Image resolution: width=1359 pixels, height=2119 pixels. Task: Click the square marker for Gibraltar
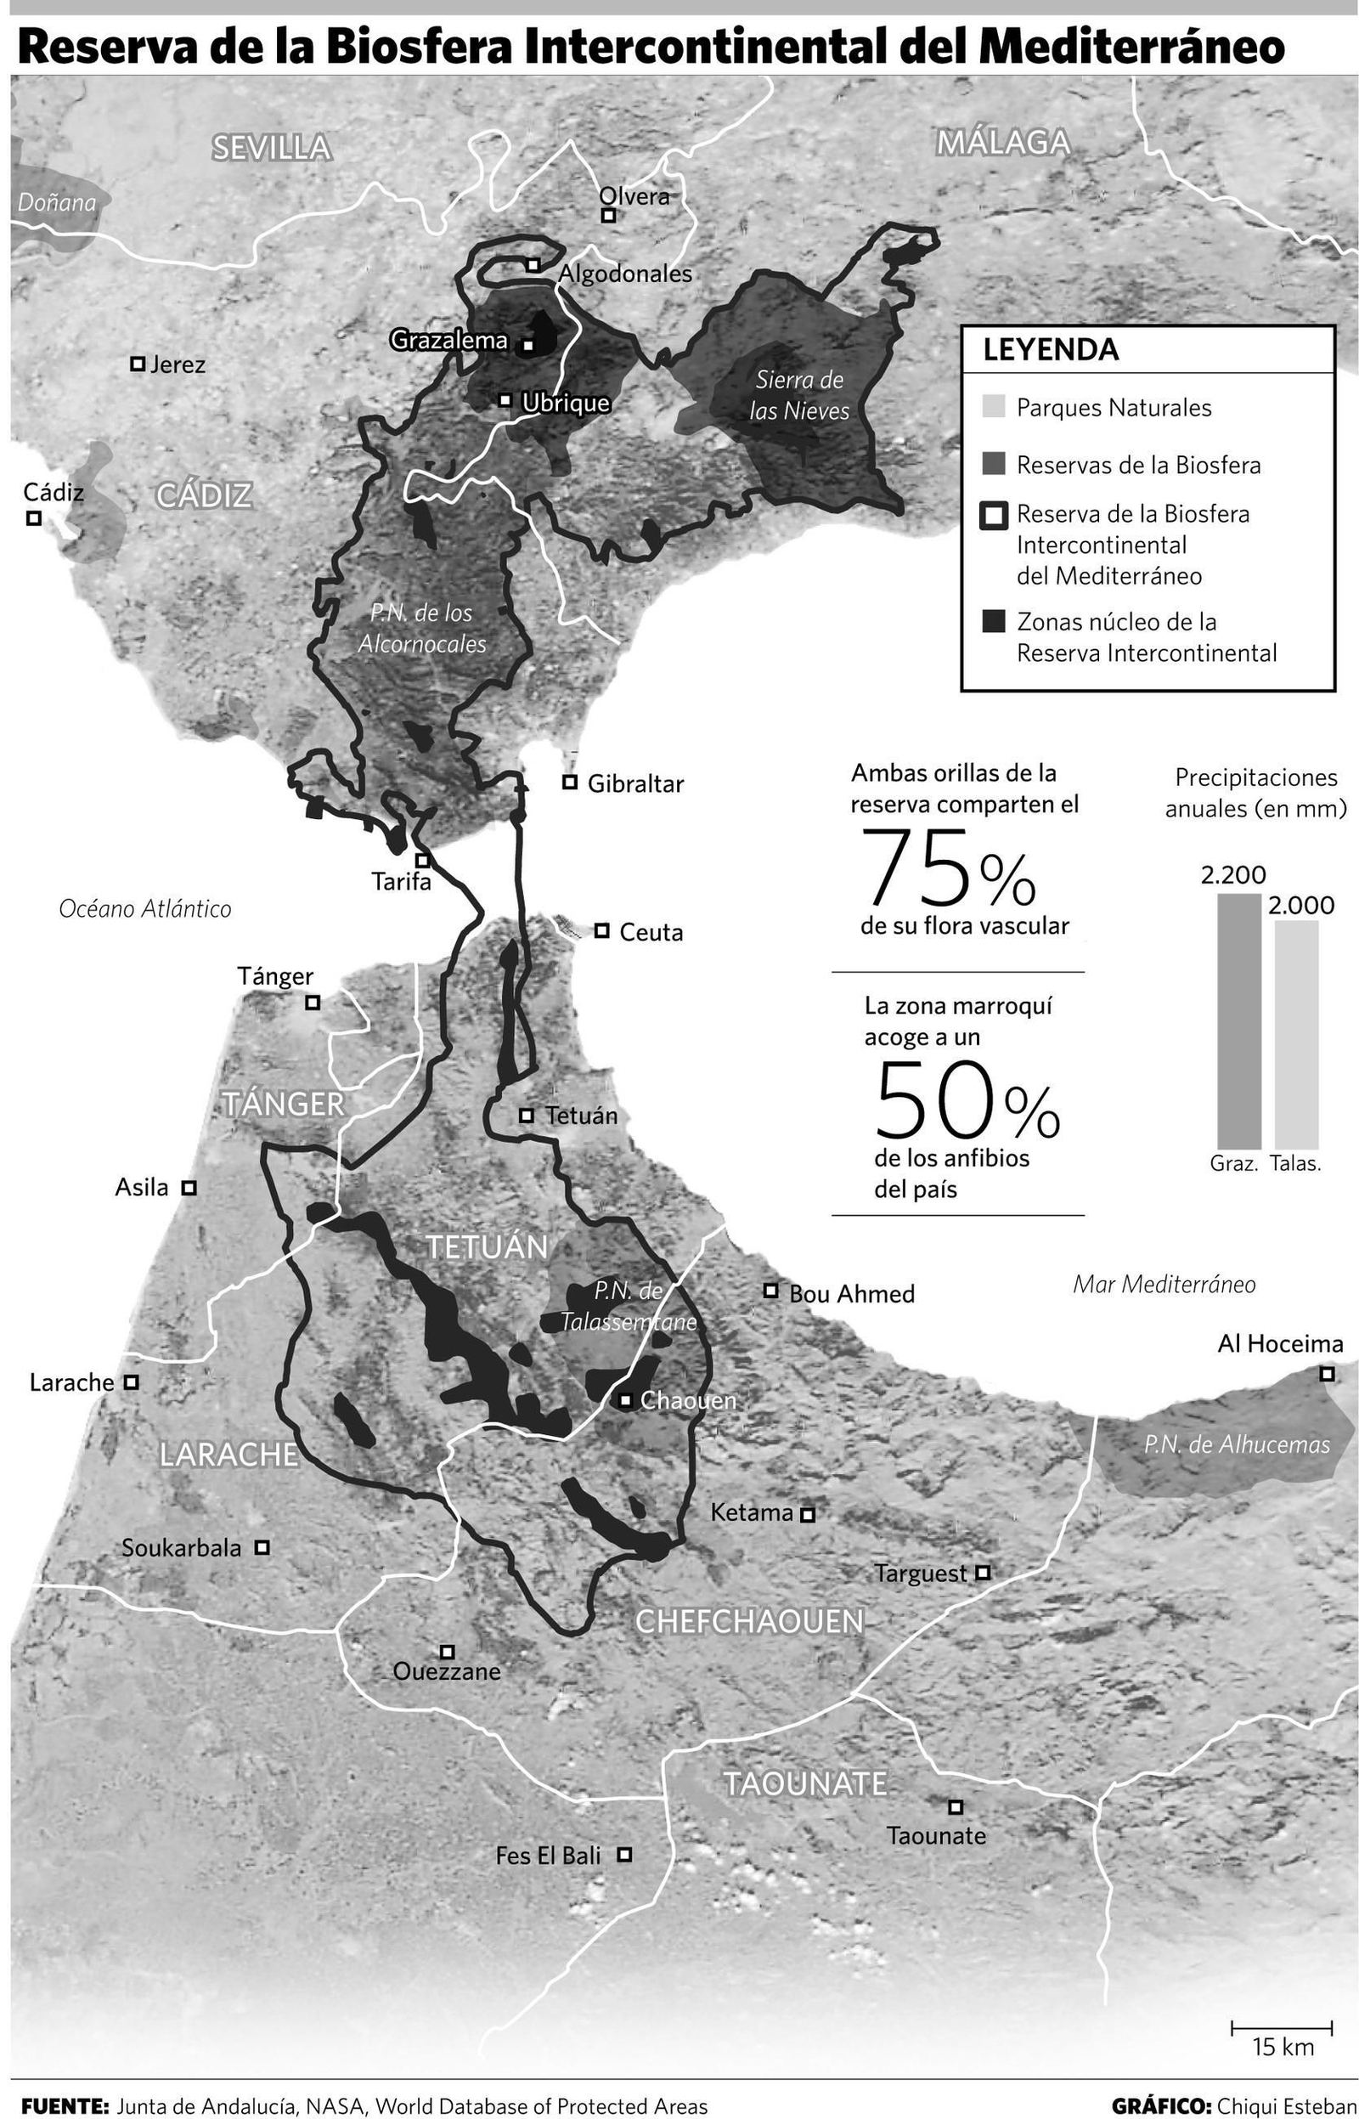(x=570, y=782)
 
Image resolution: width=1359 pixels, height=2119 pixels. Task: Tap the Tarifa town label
(x=402, y=881)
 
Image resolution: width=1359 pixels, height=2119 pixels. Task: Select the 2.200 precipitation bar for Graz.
(x=1239, y=1020)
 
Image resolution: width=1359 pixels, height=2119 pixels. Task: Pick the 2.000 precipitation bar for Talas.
(x=1296, y=1033)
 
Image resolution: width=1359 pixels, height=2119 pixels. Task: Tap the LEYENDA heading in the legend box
(x=1051, y=350)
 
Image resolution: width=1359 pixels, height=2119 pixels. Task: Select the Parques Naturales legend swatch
(x=994, y=407)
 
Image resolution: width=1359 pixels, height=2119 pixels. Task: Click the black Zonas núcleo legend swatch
(x=994, y=621)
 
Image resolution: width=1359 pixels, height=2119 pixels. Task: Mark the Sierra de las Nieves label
(x=798, y=395)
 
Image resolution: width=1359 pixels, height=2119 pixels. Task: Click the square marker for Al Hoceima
(x=1327, y=1373)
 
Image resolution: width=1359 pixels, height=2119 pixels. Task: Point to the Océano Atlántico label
(x=144, y=909)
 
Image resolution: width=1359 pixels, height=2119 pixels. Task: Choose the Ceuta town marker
(x=602, y=930)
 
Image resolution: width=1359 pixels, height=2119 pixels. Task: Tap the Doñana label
(x=56, y=203)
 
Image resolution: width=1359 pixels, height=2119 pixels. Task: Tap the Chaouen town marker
(x=625, y=1399)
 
